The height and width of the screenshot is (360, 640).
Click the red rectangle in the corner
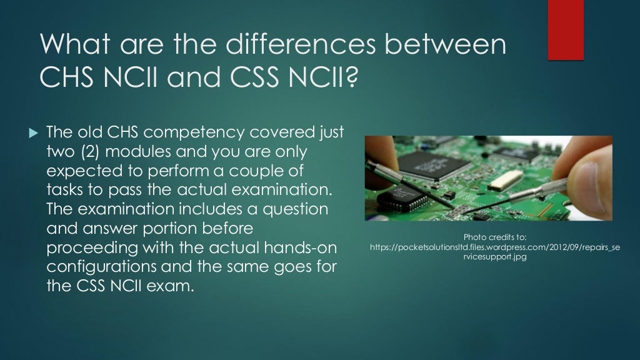(x=566, y=30)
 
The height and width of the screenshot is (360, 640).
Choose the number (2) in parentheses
(x=88, y=152)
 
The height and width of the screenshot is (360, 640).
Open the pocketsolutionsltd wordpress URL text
(x=495, y=247)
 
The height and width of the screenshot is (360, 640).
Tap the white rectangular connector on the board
(x=502, y=181)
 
